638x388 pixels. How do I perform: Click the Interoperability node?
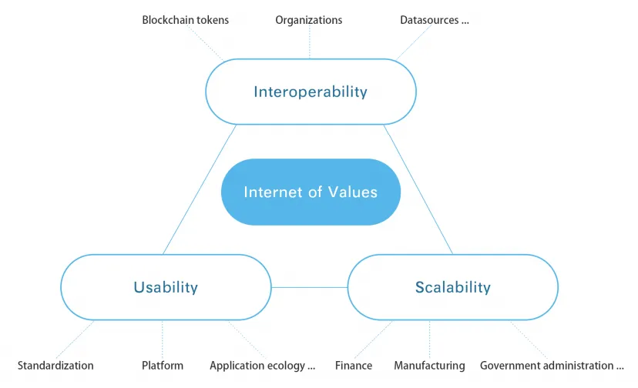pyautogui.click(x=311, y=92)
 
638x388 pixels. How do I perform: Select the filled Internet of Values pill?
pyautogui.click(x=311, y=192)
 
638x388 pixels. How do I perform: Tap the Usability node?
pyautogui.click(x=166, y=287)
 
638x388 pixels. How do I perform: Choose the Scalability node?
pyautogui.click(x=453, y=287)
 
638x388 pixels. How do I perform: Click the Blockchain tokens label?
pyautogui.click(x=185, y=20)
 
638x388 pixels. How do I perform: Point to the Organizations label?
pyautogui.click(x=309, y=20)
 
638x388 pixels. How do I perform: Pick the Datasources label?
pyautogui.click(x=435, y=20)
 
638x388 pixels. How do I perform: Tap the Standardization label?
pyautogui.click(x=55, y=365)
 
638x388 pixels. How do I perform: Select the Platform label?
pyautogui.click(x=163, y=365)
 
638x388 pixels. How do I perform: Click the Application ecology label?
pyautogui.click(x=263, y=366)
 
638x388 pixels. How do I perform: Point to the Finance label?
pyautogui.click(x=354, y=365)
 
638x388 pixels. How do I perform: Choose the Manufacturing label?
pyautogui.click(x=429, y=366)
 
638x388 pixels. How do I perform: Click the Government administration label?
pyautogui.click(x=552, y=365)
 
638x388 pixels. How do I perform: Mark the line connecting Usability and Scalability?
pyautogui.click(x=309, y=288)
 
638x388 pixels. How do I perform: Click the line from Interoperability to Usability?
pyautogui.click(x=200, y=189)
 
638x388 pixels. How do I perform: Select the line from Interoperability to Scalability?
pyautogui.click(x=418, y=189)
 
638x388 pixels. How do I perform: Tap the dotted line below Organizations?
pyautogui.click(x=309, y=42)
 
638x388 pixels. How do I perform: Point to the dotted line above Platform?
pyautogui.click(x=163, y=339)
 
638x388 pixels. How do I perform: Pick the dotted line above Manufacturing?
pyautogui.click(x=429, y=339)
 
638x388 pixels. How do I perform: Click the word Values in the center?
pyautogui.click(x=353, y=192)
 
